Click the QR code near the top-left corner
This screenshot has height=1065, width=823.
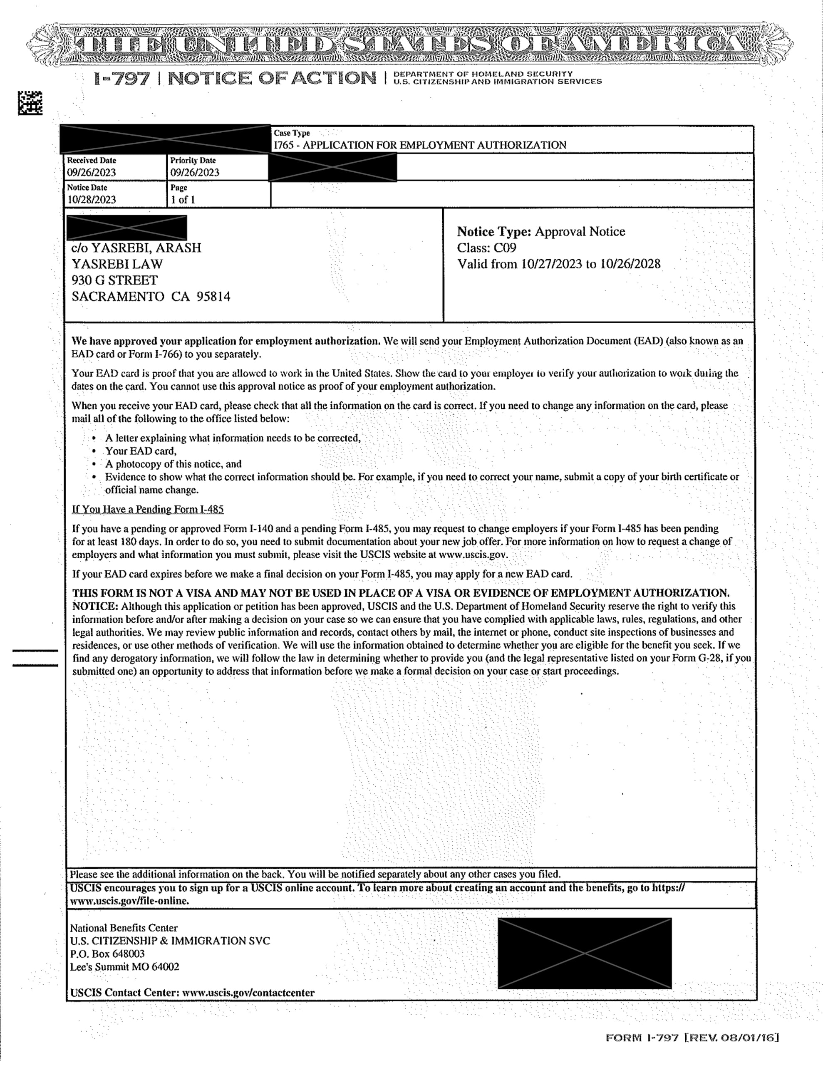click(30, 103)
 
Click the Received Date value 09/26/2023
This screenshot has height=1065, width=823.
click(91, 172)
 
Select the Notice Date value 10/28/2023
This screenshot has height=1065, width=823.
click(91, 199)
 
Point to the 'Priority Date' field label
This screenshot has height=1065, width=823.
click(193, 161)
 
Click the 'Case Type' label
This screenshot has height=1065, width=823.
click(292, 133)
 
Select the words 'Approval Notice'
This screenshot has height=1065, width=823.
click(580, 231)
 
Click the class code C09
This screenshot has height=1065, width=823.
click(505, 248)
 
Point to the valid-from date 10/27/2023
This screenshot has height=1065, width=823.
click(551, 264)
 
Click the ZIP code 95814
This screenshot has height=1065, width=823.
click(213, 297)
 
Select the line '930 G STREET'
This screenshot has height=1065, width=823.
click(115, 280)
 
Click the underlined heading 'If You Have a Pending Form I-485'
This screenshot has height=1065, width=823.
click(148, 510)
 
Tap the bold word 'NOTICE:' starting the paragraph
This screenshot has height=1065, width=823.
click(95, 607)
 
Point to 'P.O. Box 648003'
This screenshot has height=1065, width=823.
click(107, 954)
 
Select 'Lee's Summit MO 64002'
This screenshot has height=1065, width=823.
click(124, 967)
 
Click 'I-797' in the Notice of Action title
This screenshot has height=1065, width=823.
click(122, 79)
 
